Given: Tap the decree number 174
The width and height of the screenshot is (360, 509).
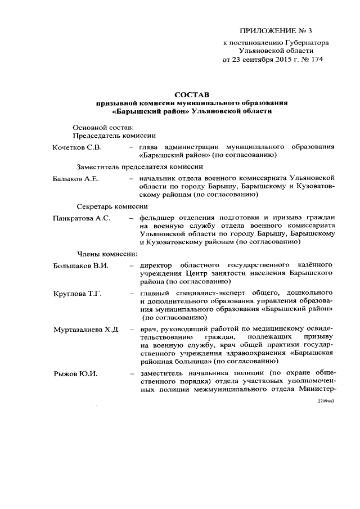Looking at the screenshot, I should tap(315, 59).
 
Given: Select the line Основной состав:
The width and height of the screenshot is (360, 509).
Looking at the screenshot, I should tap(103, 127).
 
